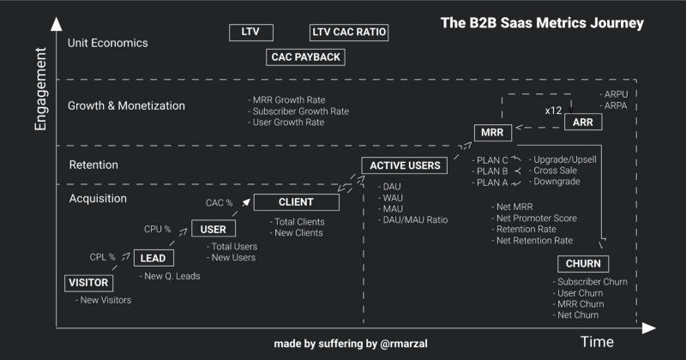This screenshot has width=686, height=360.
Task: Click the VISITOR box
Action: pos(88,283)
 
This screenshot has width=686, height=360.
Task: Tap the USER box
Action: pos(214,230)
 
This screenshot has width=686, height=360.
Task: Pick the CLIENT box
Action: pos(296,202)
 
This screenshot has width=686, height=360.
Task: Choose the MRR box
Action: pos(493,132)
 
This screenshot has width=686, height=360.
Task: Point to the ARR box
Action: pos(583,123)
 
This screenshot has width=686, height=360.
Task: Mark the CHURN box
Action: pos(583,263)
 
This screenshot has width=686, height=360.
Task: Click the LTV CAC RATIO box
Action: pos(349,33)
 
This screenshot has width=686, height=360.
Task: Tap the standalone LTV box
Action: pos(251,33)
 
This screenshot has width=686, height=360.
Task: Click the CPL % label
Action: pos(103,256)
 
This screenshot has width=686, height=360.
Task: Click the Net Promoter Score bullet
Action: pos(537,218)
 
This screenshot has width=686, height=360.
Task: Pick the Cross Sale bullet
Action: pos(558,171)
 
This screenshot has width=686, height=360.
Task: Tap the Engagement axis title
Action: pos(40,90)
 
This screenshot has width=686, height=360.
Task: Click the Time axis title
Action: pos(597,342)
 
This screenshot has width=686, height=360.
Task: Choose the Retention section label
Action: pos(93,165)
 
